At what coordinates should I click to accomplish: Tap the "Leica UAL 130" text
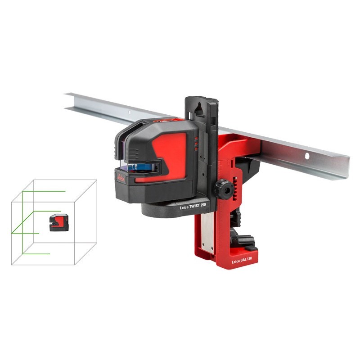242,260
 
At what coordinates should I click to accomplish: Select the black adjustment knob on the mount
222,189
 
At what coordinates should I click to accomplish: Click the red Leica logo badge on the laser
121,177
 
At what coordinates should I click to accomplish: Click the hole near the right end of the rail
307,156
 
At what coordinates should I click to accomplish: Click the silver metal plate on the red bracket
208,234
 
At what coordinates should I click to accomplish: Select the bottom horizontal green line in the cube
36,254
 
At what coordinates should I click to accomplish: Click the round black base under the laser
171,208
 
